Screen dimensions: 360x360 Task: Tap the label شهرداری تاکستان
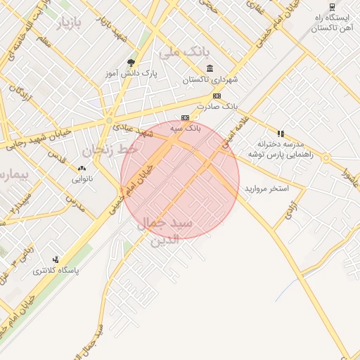coord(210,80)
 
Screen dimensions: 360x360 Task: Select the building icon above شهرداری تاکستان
coord(210,68)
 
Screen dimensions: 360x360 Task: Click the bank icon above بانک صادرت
coord(217,96)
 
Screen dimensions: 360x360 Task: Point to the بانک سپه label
coord(186,129)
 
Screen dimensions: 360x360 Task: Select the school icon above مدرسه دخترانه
coord(281,133)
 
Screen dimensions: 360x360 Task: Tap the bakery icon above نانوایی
coord(82,168)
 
